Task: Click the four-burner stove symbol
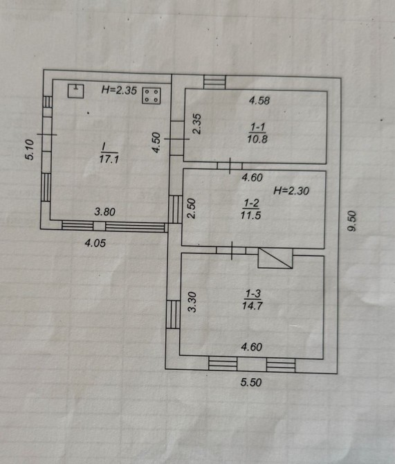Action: [151, 96]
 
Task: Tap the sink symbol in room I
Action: [75, 91]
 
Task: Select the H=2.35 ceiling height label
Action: [119, 90]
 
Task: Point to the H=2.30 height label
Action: [291, 191]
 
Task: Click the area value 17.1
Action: [109, 159]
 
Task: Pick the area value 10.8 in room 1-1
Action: [257, 139]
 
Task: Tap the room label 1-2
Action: [251, 203]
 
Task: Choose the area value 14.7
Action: [252, 305]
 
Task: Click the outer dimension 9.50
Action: [352, 221]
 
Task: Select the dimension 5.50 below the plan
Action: [251, 382]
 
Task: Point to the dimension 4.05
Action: [95, 243]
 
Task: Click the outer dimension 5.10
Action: [30, 150]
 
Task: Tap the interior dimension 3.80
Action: [104, 212]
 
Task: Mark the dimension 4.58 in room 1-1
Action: [259, 100]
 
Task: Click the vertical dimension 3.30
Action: [192, 302]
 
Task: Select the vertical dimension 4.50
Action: [156, 143]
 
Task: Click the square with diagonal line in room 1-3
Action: [275, 258]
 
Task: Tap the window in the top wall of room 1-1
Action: [214, 82]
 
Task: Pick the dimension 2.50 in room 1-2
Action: [192, 208]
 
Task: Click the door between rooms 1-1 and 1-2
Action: [230, 166]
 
